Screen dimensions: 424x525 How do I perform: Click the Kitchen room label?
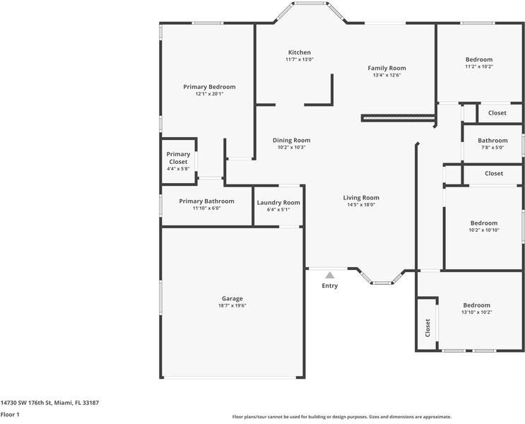[299, 52]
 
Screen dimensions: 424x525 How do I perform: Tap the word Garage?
[232, 298]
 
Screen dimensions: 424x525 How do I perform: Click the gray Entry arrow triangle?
[329, 275]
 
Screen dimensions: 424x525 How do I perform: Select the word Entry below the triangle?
[329, 285]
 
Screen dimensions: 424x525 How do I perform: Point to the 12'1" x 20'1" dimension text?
[209, 94]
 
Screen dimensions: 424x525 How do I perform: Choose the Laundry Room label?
[278, 202]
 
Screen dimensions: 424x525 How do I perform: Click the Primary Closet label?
[178, 158]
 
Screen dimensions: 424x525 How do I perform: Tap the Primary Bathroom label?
[206, 201]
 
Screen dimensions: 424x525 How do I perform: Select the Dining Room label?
[291, 140]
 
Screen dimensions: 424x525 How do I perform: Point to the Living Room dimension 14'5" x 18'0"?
[361, 205]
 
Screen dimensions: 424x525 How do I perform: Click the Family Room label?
[387, 68]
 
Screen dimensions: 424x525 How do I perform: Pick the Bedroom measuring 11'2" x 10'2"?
[478, 59]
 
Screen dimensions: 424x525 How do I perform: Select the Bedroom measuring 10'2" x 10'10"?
[484, 223]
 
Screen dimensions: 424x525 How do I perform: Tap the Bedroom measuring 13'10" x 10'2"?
[476, 305]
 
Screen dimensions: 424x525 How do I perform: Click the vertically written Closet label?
[427, 327]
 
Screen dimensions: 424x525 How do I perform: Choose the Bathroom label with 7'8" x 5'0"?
[492, 140]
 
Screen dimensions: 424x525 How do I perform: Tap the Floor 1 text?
[10, 414]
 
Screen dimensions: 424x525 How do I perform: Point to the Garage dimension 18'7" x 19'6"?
[232, 306]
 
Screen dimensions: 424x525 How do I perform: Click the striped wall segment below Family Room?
[396, 117]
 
